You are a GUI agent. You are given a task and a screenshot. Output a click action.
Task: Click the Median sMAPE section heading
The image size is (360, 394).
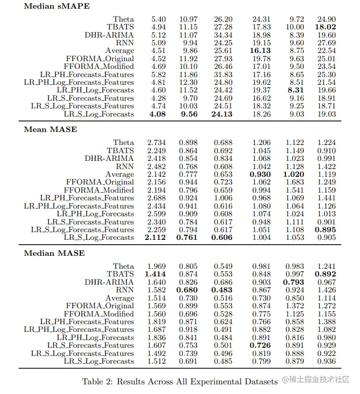(x=57, y=6)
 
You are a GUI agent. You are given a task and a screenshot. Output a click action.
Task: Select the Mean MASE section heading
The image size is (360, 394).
(x=51, y=129)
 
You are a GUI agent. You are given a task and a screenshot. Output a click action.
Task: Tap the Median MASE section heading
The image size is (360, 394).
(x=54, y=253)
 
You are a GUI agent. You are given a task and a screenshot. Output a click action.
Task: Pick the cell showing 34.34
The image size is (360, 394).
(x=222, y=35)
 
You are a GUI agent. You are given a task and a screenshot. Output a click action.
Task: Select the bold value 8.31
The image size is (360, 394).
(x=295, y=90)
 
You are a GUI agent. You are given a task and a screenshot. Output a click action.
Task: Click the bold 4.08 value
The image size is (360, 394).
(x=156, y=114)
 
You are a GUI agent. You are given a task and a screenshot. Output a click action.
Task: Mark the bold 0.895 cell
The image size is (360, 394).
(x=325, y=230)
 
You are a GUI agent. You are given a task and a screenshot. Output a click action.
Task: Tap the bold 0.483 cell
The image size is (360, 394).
(x=222, y=290)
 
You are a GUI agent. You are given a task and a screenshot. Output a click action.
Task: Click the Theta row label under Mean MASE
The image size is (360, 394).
(x=123, y=143)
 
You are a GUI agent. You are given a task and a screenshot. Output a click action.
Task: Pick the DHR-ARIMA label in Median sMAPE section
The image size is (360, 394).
(x=109, y=35)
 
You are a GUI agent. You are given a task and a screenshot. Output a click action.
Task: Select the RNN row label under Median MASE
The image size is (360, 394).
(x=125, y=290)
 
